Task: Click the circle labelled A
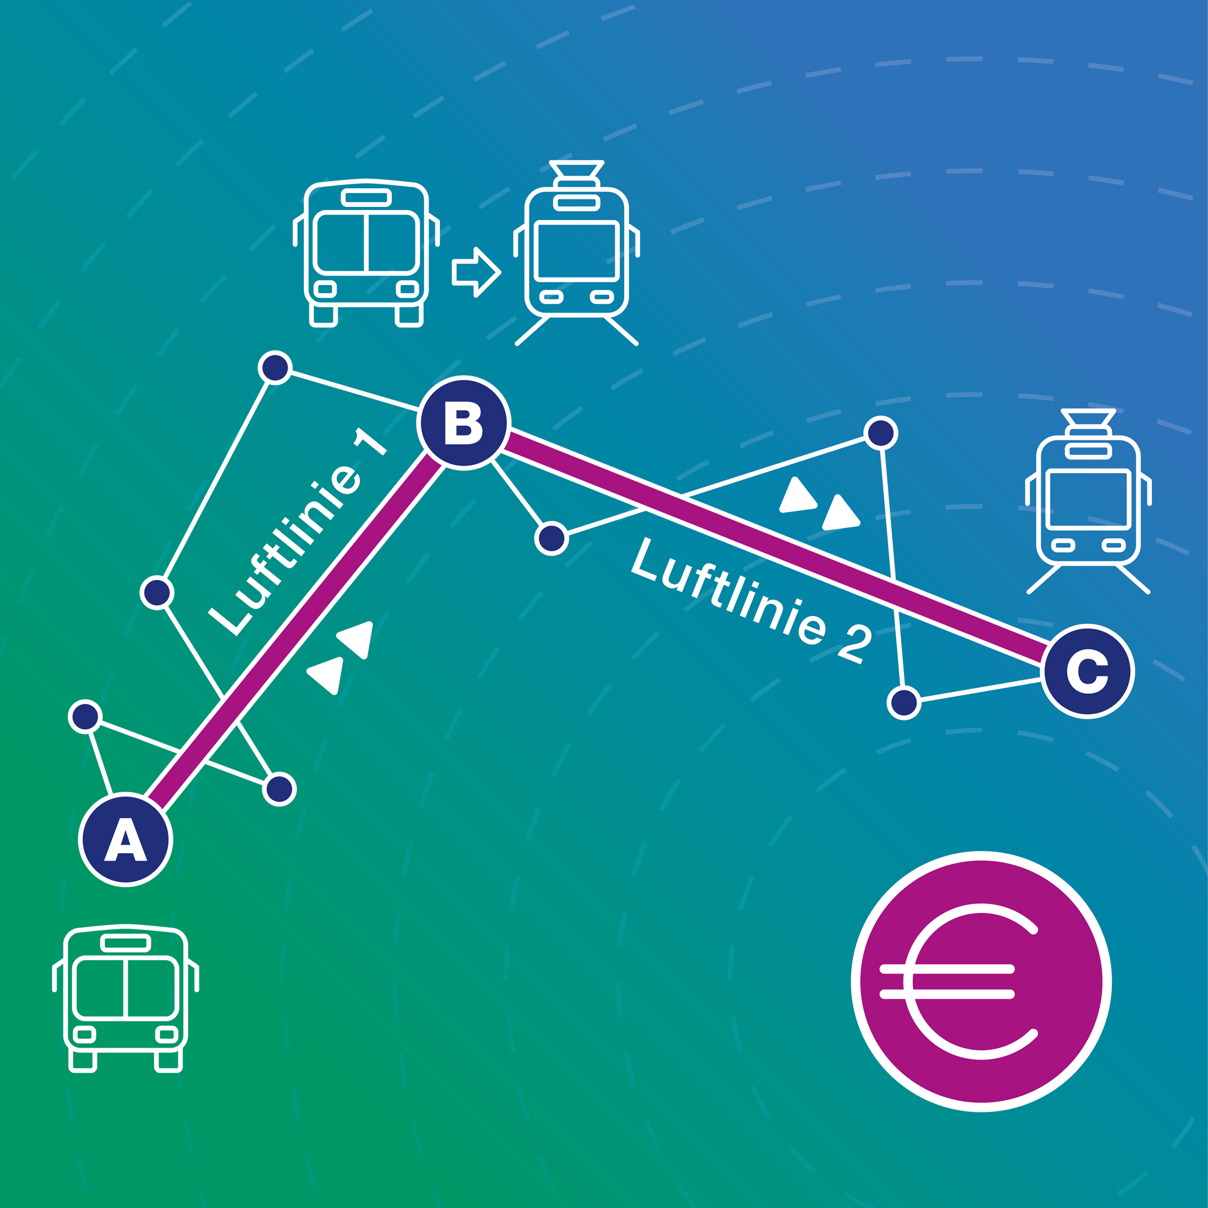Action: (x=126, y=839)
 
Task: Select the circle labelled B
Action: (x=464, y=423)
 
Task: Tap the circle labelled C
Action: (x=1087, y=671)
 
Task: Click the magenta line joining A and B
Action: (x=296, y=629)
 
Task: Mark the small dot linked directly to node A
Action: (x=86, y=717)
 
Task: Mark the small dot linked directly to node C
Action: (x=904, y=702)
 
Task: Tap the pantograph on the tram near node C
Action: (x=1088, y=419)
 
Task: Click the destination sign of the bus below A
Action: (x=126, y=942)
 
